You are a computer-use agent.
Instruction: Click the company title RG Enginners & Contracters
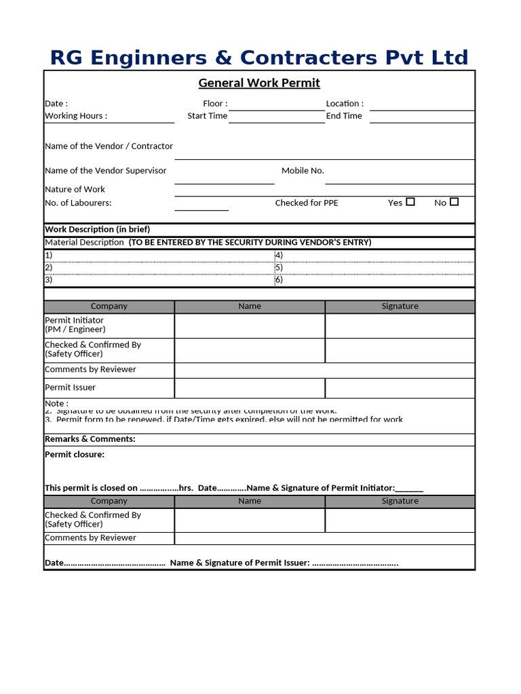[x=259, y=57]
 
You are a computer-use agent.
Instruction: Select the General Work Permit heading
[x=259, y=83]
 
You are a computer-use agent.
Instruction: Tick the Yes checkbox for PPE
[x=410, y=202]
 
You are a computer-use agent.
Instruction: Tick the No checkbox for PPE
[x=455, y=202]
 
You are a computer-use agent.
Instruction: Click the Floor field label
[x=215, y=104]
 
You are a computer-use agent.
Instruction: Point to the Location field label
[x=345, y=104]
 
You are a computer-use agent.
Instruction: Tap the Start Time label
[x=207, y=116]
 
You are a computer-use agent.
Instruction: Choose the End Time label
[x=344, y=116]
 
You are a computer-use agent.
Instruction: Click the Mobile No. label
[x=303, y=171]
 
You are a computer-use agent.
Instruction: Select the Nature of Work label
[x=75, y=190]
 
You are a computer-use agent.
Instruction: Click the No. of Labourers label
[x=78, y=203]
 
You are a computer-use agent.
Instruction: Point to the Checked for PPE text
[x=307, y=203]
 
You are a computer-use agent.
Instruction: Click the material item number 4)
[x=279, y=256]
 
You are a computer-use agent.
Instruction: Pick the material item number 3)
[x=49, y=279]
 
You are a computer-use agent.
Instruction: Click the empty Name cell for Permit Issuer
[x=250, y=388]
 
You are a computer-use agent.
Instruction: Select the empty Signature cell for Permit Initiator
[x=400, y=325]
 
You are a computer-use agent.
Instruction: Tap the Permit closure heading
[x=75, y=455]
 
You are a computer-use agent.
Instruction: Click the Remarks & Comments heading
[x=90, y=439]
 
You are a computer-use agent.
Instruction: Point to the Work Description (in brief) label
[x=97, y=229]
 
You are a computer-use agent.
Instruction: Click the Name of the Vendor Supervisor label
[x=105, y=171]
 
